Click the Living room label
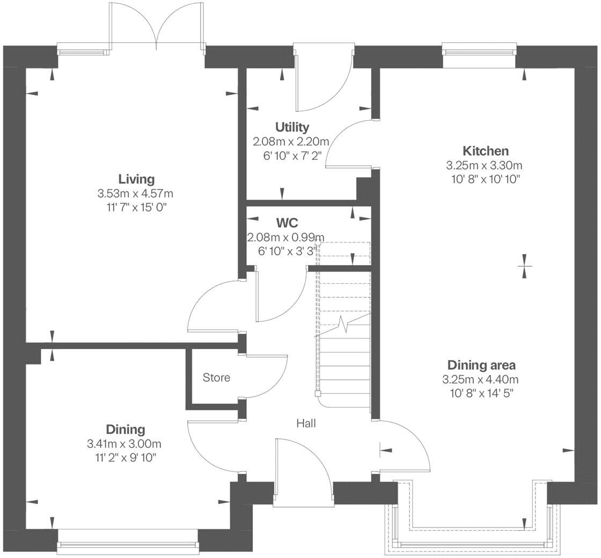136,179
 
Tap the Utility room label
292,127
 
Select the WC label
287,222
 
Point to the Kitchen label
486,151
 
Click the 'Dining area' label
481,365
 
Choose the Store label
216,378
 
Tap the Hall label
306,423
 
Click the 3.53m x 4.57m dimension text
136,193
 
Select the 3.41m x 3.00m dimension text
124,444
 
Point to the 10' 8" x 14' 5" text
481,393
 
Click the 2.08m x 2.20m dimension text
290,142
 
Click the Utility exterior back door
322,75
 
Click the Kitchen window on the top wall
479,52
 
